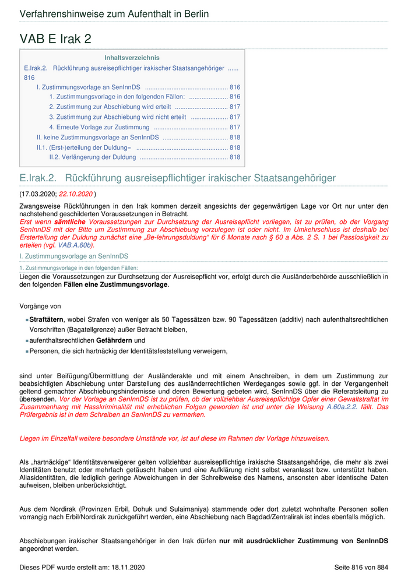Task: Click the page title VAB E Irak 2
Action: click(x=55, y=39)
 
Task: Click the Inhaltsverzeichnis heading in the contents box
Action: click(x=132, y=58)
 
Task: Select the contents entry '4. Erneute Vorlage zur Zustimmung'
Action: click(x=99, y=127)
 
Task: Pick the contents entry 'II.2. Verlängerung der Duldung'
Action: click(x=92, y=157)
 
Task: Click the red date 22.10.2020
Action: click(x=75, y=193)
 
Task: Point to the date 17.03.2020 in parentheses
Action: click(x=38, y=193)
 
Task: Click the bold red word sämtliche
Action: click(x=70, y=223)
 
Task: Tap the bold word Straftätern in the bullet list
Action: click(x=47, y=320)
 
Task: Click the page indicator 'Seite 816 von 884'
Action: click(x=361, y=567)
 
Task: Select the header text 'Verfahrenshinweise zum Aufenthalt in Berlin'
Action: click(x=114, y=14)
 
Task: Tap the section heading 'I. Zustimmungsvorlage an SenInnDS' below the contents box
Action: click(x=74, y=256)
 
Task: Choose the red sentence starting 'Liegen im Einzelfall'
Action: click(x=174, y=438)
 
